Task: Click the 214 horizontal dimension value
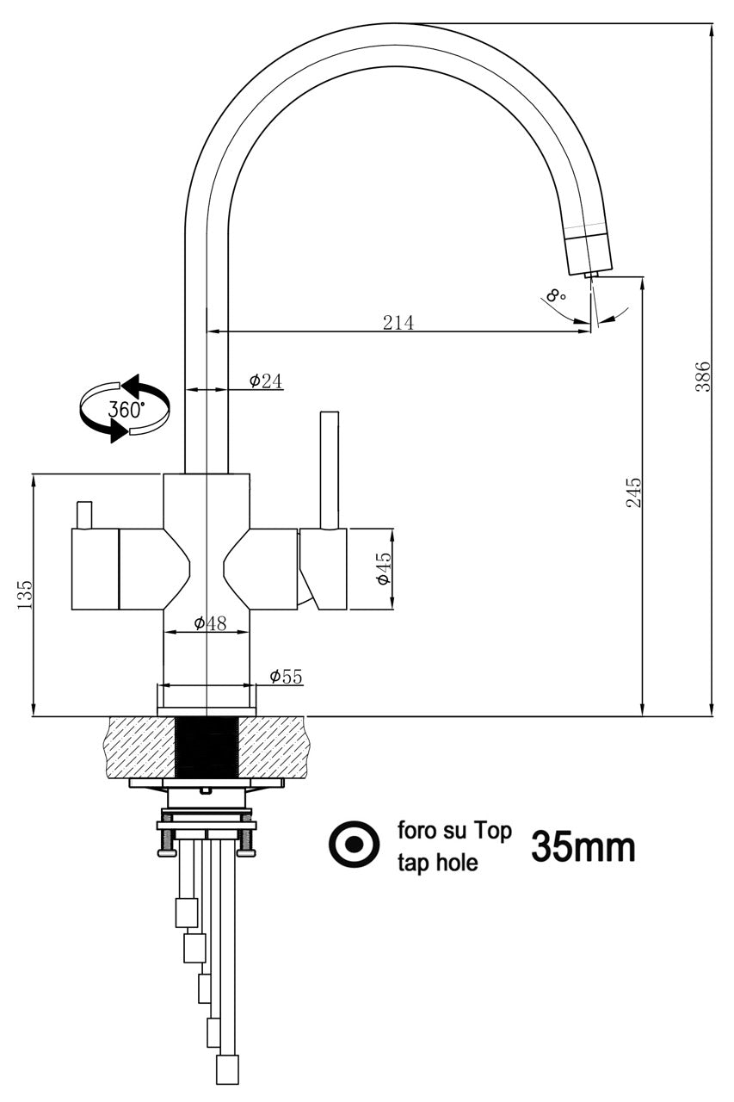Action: coord(398,322)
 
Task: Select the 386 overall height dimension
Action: coord(702,375)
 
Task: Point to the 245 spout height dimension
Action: coord(633,492)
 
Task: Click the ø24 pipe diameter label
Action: coord(266,381)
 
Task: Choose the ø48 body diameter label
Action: coord(209,623)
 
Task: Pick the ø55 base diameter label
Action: coord(286,677)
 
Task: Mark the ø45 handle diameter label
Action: coord(383,569)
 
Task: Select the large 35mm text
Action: coord(583,847)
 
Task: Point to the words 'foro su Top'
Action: coord(454,831)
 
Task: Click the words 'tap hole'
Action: coord(436,864)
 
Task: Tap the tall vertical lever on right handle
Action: coord(330,469)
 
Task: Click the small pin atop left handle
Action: coord(84,515)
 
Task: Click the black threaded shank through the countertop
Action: coord(207,746)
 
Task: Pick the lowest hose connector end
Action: coord(226,1070)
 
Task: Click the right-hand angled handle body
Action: coord(324,568)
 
